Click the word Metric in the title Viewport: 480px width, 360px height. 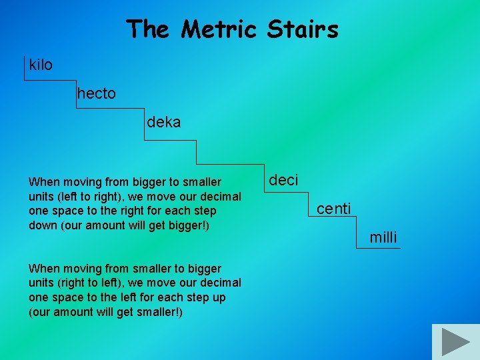tap(221, 29)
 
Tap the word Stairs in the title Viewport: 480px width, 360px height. tap(303, 29)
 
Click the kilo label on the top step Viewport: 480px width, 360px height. tap(41, 65)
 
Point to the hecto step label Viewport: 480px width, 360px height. tap(96, 94)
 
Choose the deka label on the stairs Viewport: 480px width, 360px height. tap(163, 123)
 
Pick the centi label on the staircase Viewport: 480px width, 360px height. tap(333, 209)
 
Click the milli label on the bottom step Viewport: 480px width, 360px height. tap(383, 237)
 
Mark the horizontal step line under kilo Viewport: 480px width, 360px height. tap(50, 81)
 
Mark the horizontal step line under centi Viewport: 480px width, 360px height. tap(333, 219)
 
